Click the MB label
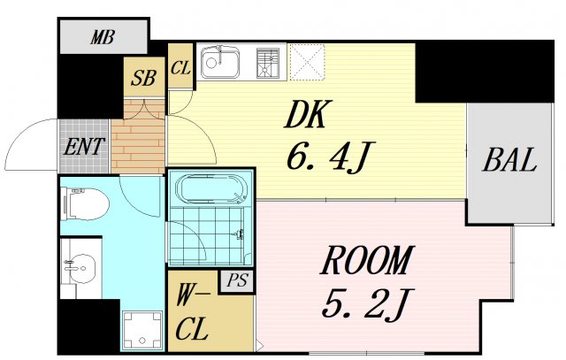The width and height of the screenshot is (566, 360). (103, 37)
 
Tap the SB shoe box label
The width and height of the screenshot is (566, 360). (143, 78)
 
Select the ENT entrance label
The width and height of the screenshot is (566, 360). (84, 147)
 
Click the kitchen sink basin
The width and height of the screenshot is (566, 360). (220, 62)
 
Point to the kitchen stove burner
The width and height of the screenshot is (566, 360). (268, 63)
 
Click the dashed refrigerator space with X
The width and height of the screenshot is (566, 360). (308, 62)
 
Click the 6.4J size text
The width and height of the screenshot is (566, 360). (331, 157)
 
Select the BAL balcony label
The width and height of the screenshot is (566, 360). (509, 160)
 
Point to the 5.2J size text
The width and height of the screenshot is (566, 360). (368, 303)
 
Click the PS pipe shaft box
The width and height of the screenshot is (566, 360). (237, 280)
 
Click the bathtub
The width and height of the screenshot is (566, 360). (211, 189)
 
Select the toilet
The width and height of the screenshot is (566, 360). (85, 203)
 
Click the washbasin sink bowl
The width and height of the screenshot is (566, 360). (82, 269)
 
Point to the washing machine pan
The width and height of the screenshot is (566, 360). (141, 330)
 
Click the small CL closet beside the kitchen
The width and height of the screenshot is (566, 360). (180, 66)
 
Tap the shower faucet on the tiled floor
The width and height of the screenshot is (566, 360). (238, 234)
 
